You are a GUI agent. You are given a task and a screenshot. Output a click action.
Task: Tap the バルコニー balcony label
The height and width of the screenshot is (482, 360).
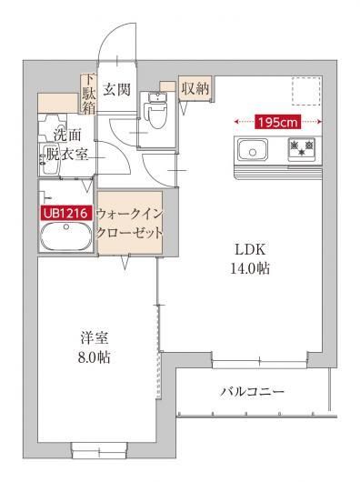tap(253, 393)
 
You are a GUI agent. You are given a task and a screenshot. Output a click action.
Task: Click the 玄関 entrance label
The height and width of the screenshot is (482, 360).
tap(115, 90)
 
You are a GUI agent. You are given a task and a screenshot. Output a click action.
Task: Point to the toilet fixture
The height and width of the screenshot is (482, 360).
tap(155, 114)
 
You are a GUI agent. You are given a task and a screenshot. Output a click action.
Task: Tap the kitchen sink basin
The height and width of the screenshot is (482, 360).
tap(252, 148)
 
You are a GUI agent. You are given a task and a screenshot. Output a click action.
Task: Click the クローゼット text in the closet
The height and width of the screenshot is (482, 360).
tap(130, 232)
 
